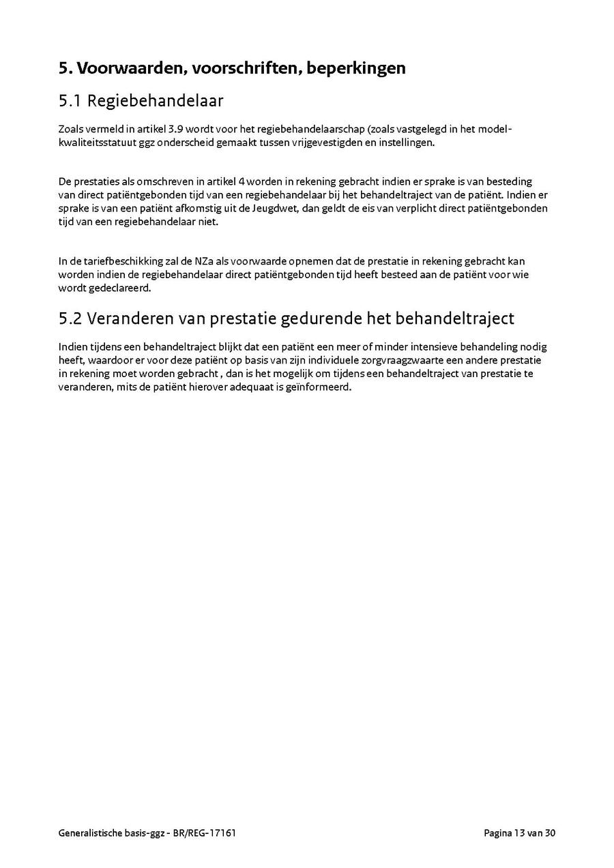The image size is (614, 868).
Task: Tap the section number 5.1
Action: [70, 102]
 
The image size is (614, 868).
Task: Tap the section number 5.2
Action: [71, 318]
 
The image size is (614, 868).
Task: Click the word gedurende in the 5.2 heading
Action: [318, 318]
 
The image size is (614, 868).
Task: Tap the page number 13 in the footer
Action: [520, 833]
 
